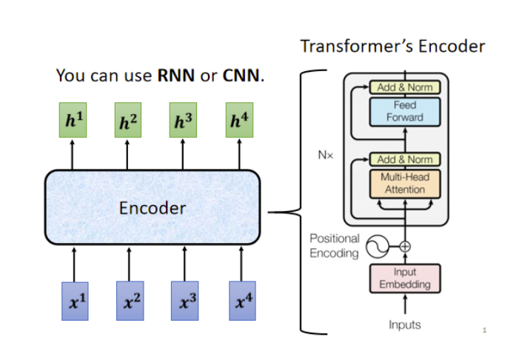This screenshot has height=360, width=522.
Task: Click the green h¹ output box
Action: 72,121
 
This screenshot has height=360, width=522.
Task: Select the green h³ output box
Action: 183,121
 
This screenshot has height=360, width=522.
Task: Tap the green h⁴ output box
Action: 238,121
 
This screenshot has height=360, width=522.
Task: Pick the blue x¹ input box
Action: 74,300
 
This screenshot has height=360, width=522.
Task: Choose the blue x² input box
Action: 129,300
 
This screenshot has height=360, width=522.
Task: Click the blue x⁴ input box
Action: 241,300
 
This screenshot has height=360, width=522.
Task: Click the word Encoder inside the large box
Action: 153,208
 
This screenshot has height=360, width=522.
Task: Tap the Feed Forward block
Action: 405,112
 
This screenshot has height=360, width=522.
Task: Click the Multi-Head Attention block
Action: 405,184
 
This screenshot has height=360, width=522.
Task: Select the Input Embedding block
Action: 405,279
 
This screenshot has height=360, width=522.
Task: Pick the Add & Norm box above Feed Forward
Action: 405,87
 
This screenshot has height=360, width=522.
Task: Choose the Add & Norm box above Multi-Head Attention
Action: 405,159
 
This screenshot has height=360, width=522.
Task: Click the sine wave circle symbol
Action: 377,245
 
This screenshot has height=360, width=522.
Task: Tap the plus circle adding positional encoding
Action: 405,246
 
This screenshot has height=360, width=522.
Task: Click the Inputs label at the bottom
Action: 405,325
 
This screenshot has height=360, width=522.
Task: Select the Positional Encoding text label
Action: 335,246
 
